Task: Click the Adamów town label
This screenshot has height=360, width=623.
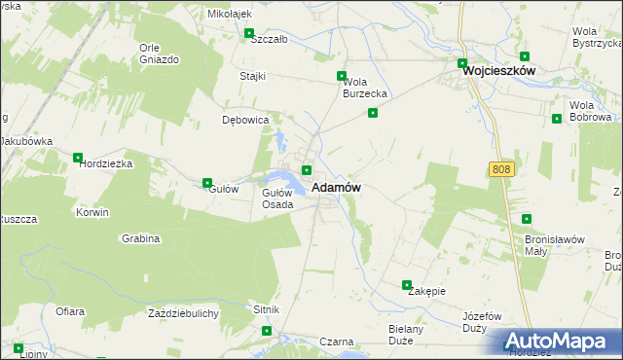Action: [337, 187]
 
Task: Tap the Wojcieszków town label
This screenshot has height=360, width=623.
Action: [500, 71]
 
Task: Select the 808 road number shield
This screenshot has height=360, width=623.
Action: [500, 169]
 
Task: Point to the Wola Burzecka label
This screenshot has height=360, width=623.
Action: [365, 88]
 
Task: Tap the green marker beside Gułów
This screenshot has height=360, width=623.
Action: [207, 183]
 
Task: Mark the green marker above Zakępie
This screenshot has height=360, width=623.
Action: [408, 285]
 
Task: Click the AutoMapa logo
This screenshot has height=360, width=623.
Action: [561, 342]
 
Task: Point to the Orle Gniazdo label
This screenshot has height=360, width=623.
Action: [159, 54]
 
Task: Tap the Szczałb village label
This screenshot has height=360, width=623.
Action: [269, 40]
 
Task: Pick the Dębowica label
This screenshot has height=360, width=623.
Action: [244, 121]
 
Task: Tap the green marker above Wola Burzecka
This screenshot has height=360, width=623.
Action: [342, 76]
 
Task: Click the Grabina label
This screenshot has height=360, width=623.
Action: [140, 238]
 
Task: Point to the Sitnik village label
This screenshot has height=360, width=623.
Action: [266, 309]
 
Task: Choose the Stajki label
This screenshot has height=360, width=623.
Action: [254, 75]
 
